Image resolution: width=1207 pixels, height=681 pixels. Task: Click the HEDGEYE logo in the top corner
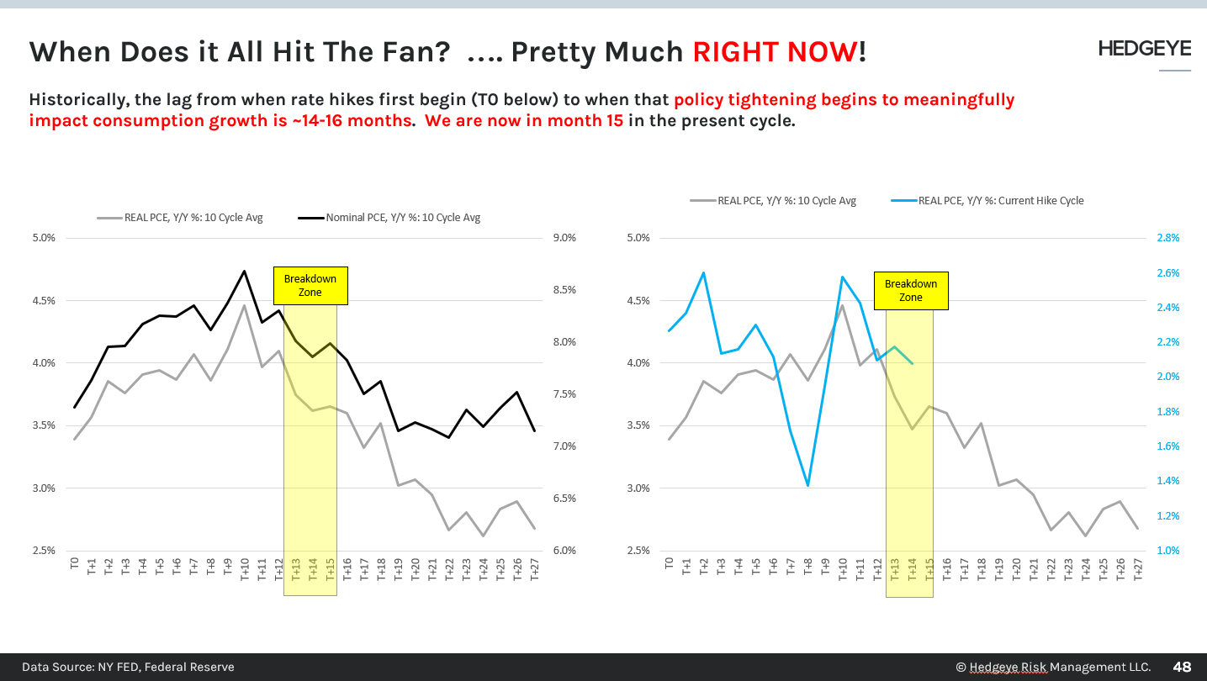pos(1144,49)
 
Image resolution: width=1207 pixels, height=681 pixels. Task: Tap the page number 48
pos(1182,667)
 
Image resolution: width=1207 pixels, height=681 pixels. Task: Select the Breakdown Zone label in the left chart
pos(310,286)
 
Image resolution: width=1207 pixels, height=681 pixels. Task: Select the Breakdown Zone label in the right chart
pos(911,291)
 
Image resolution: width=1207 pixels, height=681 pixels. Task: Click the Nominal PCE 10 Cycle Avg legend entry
pos(389,218)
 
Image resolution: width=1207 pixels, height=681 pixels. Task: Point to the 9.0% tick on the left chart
pos(565,238)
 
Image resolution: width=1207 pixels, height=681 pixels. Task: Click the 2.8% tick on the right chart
pos(1168,238)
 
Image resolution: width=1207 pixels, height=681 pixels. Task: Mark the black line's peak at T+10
pos(245,271)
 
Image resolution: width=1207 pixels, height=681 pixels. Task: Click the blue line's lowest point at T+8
pos(807,485)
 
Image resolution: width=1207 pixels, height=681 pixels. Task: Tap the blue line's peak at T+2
pos(703,272)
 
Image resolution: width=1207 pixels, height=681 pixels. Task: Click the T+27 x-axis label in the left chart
pos(534,571)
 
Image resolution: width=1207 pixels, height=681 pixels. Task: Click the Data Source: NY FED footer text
pos(128,667)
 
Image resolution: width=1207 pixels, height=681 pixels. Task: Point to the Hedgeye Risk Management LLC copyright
pos(1052,667)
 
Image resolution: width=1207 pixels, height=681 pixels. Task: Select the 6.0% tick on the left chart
pos(565,551)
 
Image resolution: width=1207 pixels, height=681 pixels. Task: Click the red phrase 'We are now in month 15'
pos(524,120)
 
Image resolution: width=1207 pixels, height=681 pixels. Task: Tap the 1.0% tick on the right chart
pos(1168,551)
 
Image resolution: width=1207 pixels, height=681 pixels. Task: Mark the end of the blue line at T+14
pos(913,363)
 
